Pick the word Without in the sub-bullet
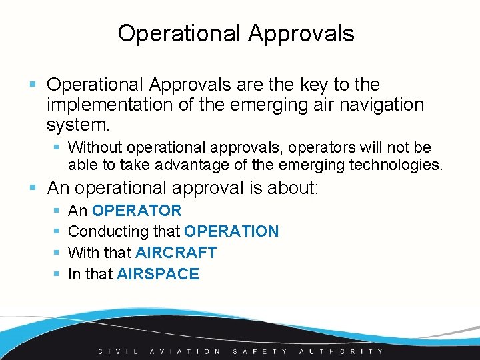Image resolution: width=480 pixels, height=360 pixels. pyautogui.click(x=95, y=147)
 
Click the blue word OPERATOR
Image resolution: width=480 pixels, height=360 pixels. pyautogui.click(x=137, y=211)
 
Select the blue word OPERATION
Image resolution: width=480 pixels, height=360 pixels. pyautogui.click(x=231, y=231)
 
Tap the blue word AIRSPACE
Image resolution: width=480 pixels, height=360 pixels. pyautogui.click(x=158, y=274)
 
